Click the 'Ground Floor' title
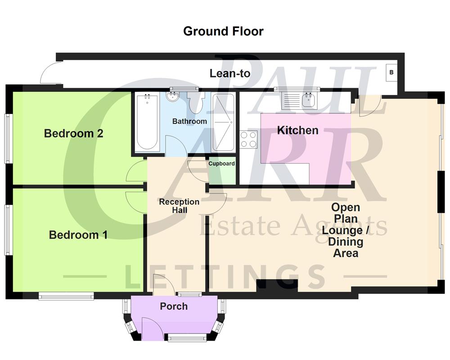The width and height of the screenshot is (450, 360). (223, 31)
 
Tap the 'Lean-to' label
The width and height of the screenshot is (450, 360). (230, 73)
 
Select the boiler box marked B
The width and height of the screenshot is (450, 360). (391, 72)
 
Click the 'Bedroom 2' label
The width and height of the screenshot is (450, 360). (74, 134)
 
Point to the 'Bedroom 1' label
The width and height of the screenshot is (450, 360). (78, 235)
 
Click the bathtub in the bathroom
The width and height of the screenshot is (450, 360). (147, 121)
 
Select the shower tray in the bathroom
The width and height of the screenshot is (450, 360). (223, 121)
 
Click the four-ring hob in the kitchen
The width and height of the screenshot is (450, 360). (248, 139)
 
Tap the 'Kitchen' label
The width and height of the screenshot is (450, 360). (297, 130)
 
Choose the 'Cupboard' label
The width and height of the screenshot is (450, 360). (221, 164)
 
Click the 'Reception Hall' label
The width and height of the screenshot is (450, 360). (179, 206)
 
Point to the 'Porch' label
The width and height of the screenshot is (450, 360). (174, 306)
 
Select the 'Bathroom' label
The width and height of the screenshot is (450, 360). (189, 121)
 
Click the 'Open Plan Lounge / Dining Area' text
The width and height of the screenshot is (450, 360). (346, 230)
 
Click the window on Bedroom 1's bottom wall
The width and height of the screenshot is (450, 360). (66, 296)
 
